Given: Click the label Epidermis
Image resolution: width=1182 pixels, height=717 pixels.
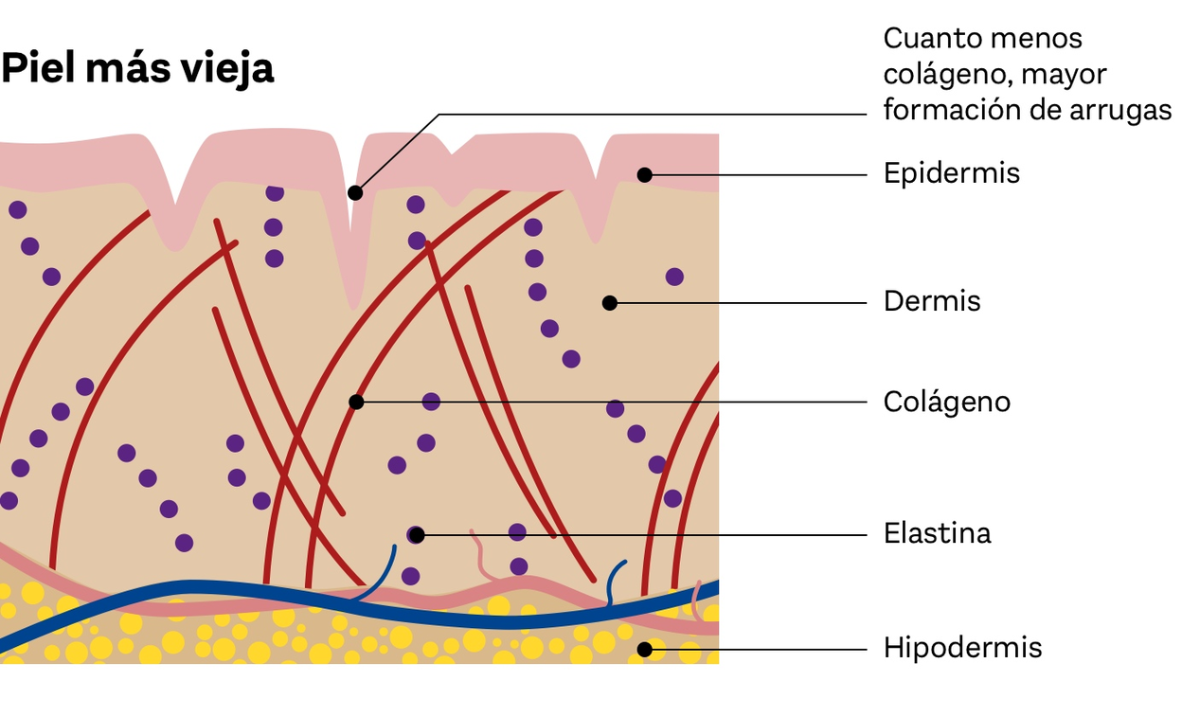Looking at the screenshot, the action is click(952, 173).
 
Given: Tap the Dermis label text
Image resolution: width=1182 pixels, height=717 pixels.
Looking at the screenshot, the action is click(932, 301).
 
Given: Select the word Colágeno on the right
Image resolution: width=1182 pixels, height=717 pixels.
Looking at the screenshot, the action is click(947, 402).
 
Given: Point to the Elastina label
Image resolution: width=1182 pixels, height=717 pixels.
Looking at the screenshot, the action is click(937, 533).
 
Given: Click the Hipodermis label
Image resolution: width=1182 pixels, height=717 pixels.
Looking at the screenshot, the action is click(963, 648).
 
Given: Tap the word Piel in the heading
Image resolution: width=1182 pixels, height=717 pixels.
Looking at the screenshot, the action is click(40, 67).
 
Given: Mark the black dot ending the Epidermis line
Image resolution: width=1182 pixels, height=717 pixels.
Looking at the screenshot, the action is click(644, 174).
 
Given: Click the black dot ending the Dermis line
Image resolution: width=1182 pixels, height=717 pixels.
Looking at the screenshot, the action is click(610, 303).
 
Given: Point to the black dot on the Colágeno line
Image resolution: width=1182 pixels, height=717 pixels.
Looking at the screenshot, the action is click(356, 402).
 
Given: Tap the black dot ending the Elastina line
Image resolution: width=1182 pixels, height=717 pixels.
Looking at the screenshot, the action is click(417, 535).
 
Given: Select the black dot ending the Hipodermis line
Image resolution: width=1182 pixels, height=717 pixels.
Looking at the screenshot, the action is click(644, 650).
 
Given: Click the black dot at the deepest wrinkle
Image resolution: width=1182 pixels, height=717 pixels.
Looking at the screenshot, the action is click(355, 192).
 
